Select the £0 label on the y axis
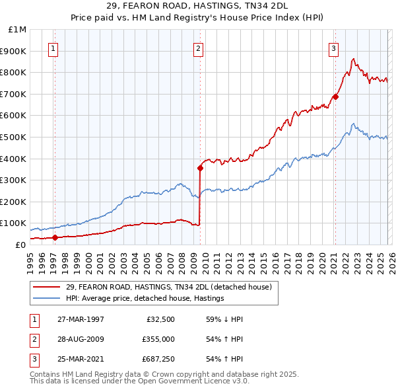[20, 245]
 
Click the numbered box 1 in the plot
[53, 48]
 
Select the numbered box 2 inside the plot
[198, 48]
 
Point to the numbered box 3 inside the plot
[334, 48]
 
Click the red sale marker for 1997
[55, 237]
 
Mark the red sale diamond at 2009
[200, 168]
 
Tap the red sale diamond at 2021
[335, 97]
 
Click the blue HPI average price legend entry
[145, 298]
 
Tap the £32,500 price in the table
[160, 319]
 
